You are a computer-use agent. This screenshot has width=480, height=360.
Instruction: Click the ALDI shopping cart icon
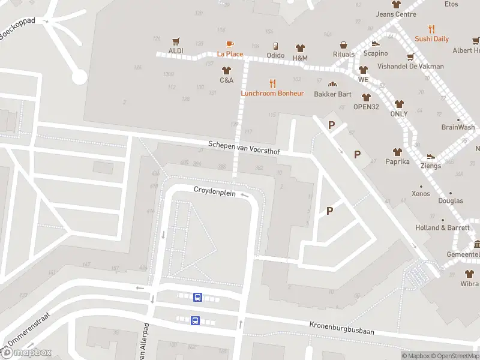pyautogui.click(x=176, y=41)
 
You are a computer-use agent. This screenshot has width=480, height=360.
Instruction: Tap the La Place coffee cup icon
pyautogui.click(x=230, y=44)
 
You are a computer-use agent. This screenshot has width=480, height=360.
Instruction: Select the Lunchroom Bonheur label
pyautogui.click(x=272, y=94)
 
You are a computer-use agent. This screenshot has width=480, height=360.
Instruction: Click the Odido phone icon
pyautogui.click(x=275, y=46)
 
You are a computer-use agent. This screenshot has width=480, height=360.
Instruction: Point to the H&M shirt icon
pyautogui.click(x=300, y=48)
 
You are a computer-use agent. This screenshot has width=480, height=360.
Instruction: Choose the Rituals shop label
pyautogui.click(x=344, y=55)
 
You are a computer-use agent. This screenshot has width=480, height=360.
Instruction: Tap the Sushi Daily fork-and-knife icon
pyautogui.click(x=431, y=29)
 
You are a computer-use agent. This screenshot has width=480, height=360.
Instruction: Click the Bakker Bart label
pyautogui.click(x=332, y=94)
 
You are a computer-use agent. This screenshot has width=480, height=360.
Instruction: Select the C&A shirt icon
pyautogui.click(x=226, y=70)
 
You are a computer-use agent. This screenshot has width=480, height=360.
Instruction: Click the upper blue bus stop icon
pyautogui.click(x=197, y=297)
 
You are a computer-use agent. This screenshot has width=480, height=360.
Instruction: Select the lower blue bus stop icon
pyautogui.click(x=195, y=320)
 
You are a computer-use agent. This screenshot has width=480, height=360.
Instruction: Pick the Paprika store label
pyautogui.click(x=397, y=161)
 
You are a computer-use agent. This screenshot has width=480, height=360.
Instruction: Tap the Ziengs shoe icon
pyautogui.click(x=431, y=156)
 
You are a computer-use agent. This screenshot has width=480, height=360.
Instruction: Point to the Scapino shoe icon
pyautogui.click(x=376, y=44)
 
